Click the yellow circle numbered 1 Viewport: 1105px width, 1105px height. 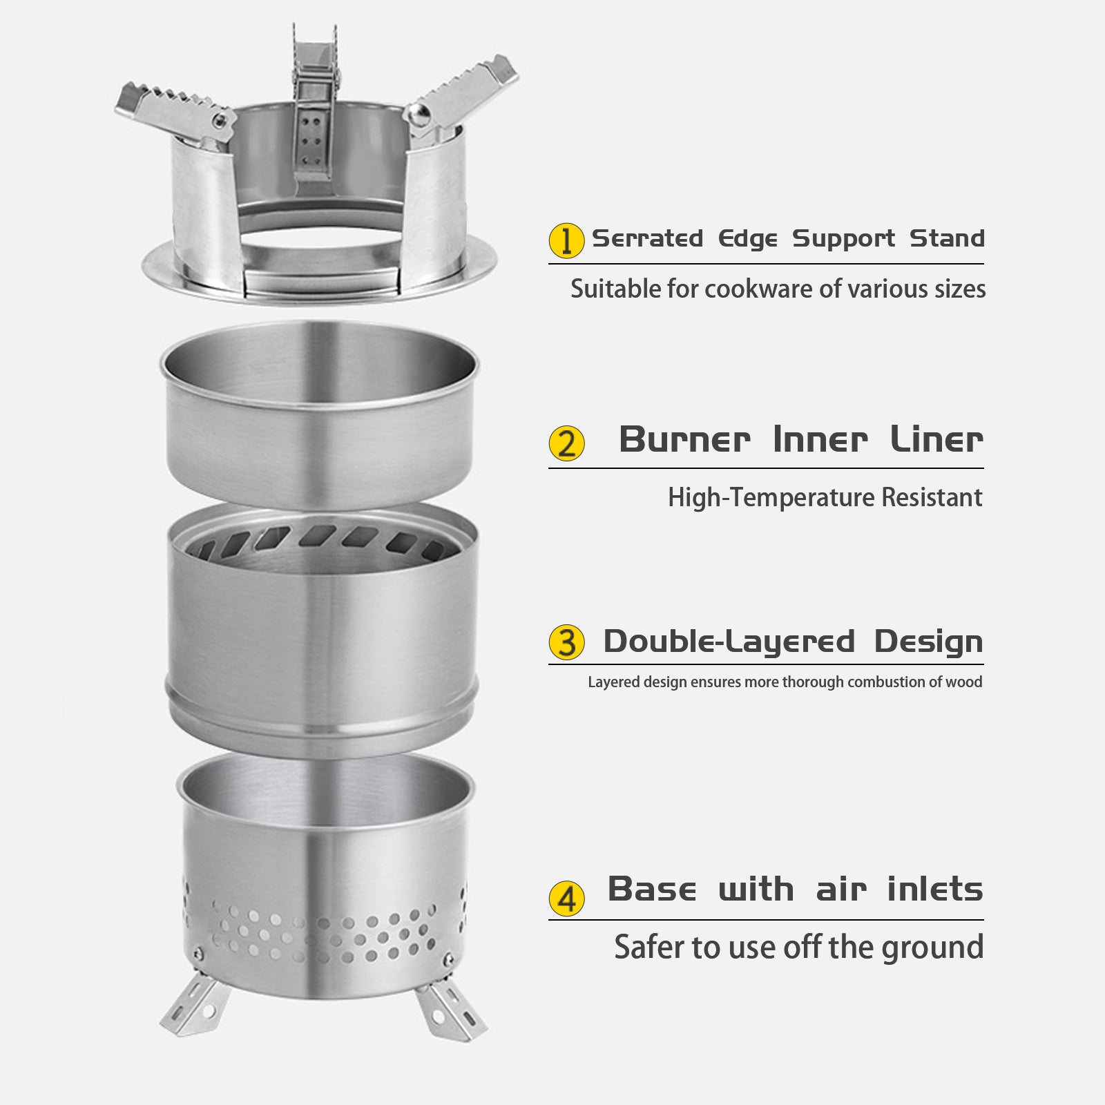click(566, 240)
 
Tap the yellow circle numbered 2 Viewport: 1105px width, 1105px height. click(566, 443)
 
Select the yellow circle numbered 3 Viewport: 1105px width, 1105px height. click(566, 642)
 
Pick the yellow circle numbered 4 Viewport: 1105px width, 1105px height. click(566, 899)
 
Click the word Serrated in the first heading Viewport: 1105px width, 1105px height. click(648, 238)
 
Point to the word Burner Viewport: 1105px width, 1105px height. click(684, 439)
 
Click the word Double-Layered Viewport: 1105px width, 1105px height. click(729, 642)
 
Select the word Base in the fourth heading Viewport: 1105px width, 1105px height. click(652, 889)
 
